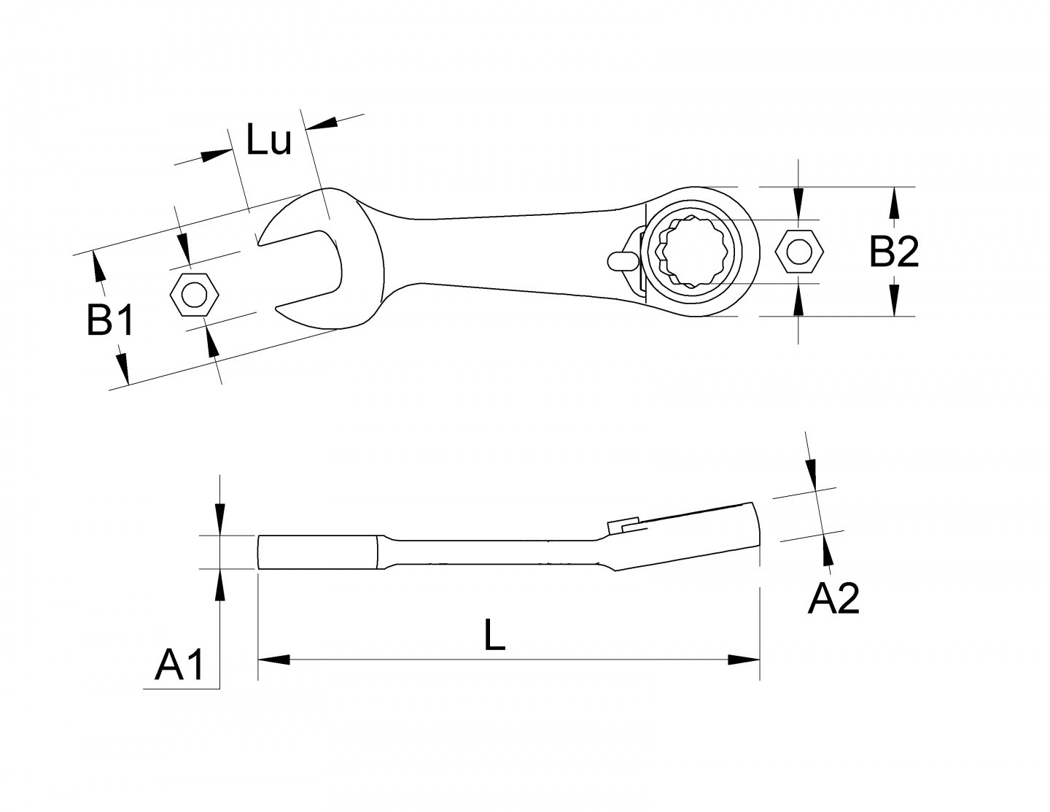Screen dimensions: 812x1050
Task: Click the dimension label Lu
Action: pos(268,141)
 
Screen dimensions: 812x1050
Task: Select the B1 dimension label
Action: pos(110,320)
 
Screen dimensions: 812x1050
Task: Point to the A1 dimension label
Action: pos(179,665)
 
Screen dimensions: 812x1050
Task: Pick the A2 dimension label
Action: pos(833,600)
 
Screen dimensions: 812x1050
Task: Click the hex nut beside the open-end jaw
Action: pos(193,295)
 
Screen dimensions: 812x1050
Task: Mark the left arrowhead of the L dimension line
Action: pos(273,660)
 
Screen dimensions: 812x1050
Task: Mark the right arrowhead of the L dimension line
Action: pos(744,660)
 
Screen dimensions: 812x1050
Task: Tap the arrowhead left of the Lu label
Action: pos(216,155)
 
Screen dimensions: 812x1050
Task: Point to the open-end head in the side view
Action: pos(317,552)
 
